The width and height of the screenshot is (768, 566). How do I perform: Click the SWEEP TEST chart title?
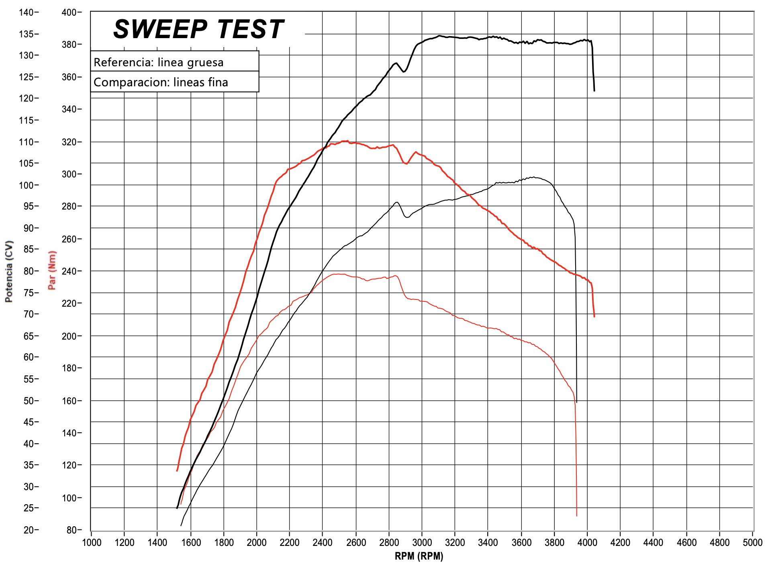pyautogui.click(x=198, y=29)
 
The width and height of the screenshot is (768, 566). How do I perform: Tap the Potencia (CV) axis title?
pyautogui.click(x=9, y=271)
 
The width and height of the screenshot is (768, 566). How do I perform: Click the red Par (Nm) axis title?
pyautogui.click(x=52, y=270)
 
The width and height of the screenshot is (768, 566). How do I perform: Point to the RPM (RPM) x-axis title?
pyautogui.click(x=419, y=556)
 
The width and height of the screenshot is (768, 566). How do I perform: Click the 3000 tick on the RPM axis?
pyautogui.click(x=422, y=543)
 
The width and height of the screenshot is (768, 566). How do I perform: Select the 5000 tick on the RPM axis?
pyautogui.click(x=752, y=543)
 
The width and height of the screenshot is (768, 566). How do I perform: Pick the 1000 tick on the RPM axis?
pyautogui.click(x=92, y=543)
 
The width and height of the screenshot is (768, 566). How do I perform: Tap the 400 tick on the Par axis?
pyautogui.click(x=69, y=12)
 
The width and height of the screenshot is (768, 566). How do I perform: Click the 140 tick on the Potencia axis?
pyautogui.click(x=26, y=12)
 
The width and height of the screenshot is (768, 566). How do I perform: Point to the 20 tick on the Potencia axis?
pyautogui.click(x=29, y=530)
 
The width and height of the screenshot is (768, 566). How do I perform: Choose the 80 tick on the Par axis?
pyautogui.click(x=71, y=530)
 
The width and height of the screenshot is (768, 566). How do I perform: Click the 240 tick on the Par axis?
pyautogui.click(x=69, y=271)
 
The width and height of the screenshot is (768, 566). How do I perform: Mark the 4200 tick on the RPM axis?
pyautogui.click(x=620, y=543)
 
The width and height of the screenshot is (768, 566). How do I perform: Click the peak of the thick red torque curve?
pyautogui.click(x=345, y=141)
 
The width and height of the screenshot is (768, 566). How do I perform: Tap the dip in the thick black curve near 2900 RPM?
pyautogui.click(x=404, y=72)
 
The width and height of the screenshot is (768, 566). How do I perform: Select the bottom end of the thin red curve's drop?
pyautogui.click(x=576, y=515)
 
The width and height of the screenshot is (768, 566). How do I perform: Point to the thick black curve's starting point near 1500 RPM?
pyautogui.click(x=177, y=508)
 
